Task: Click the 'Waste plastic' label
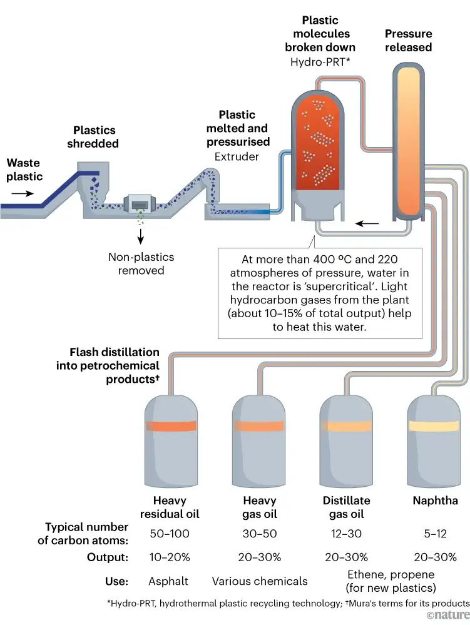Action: (x=24, y=170)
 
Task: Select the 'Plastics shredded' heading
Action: (x=95, y=137)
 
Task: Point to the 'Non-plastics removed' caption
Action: (x=141, y=263)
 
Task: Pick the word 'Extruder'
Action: (x=237, y=156)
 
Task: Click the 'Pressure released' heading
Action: (x=408, y=41)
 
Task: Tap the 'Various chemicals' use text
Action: (x=260, y=581)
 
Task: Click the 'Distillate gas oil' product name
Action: (x=347, y=507)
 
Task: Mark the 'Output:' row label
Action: (x=108, y=557)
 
